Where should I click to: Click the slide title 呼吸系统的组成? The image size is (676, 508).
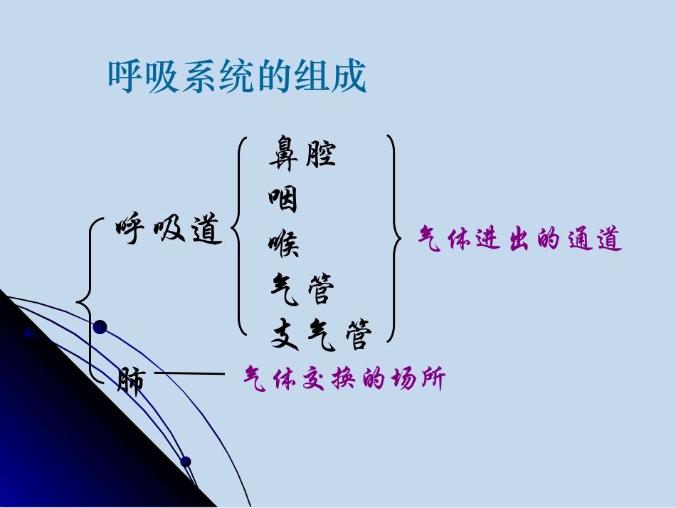click(237, 76)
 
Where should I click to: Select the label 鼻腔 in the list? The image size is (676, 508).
click(302, 152)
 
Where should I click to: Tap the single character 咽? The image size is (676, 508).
click(283, 199)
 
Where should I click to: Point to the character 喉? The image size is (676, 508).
click(283, 244)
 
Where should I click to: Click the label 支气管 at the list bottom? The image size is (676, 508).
click(321, 334)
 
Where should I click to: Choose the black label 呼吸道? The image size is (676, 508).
click(169, 229)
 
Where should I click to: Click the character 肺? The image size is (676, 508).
click(131, 381)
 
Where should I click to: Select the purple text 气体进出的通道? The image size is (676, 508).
click(520, 239)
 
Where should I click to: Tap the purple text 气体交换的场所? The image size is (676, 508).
click(344, 378)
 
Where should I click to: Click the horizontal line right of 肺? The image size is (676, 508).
click(189, 373)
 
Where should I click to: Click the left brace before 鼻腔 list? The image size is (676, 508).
click(238, 235)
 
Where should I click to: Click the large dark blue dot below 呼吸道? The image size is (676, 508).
click(100, 327)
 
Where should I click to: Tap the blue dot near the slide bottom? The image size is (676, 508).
click(186, 462)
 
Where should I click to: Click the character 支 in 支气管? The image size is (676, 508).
click(284, 334)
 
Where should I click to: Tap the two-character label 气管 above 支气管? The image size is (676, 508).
click(302, 289)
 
